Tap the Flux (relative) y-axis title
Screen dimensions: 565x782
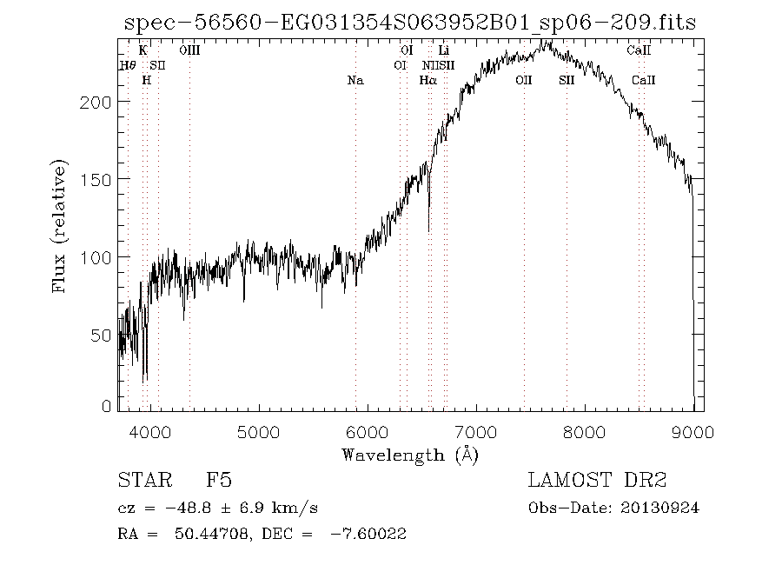60,227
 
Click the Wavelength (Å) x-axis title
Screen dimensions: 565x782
410,454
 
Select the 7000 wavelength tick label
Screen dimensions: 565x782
476,431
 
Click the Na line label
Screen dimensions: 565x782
355,80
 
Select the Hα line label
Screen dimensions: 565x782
427,80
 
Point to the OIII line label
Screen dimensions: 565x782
189,51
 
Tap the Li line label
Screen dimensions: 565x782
443,51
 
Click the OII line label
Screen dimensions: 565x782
523,80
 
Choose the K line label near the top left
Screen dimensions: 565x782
143,51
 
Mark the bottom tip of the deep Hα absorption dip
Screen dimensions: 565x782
428,231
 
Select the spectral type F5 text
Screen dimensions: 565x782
218,481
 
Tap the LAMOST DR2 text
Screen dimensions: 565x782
597,481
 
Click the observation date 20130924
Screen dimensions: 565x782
659,508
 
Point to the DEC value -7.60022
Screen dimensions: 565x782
368,535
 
